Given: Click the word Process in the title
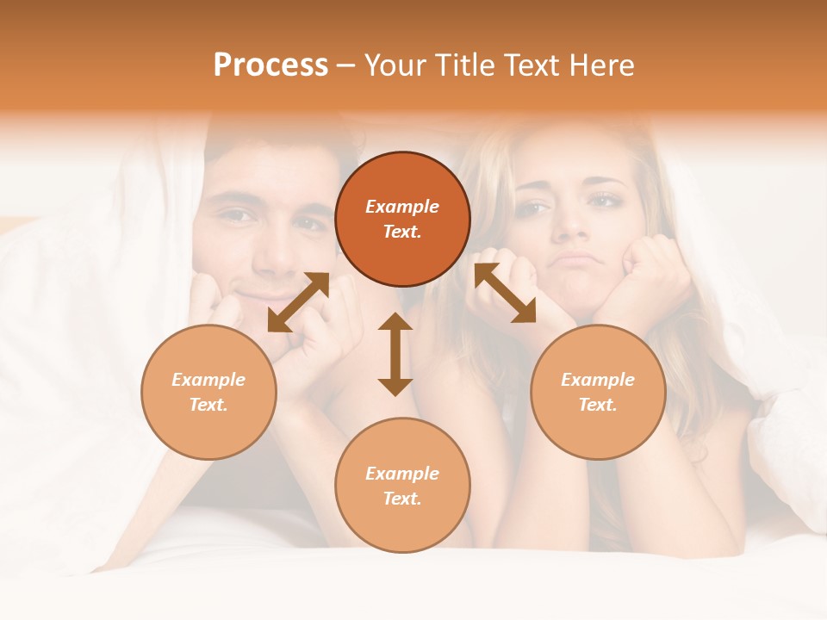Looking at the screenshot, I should tap(270, 65).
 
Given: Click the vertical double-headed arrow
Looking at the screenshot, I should tap(395, 354).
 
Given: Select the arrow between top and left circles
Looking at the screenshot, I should tap(298, 302).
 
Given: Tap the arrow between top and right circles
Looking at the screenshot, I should tap(505, 293).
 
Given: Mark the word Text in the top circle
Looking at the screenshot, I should tap(402, 232).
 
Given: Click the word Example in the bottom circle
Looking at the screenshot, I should tap(402, 474).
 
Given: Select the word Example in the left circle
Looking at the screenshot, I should tap(208, 380).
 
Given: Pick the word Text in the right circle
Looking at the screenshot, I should tap(598, 405).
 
